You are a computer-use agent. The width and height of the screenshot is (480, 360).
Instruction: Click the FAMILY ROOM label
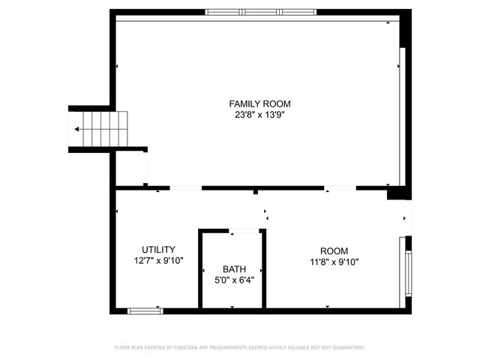(x=259, y=104)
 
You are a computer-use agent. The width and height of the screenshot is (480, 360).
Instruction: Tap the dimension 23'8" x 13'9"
(x=259, y=115)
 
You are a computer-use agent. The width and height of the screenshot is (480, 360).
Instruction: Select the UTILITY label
(x=158, y=250)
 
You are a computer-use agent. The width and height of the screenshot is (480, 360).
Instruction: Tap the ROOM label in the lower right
(x=334, y=250)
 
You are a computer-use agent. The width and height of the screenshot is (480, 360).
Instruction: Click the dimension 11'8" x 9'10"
(x=334, y=262)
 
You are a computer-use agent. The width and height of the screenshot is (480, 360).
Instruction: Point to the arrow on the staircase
(x=78, y=129)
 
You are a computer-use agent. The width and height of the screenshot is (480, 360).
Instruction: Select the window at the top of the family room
(x=261, y=12)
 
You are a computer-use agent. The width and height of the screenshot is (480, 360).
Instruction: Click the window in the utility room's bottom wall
(x=145, y=310)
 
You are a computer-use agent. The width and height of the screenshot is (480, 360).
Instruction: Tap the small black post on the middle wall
(x=256, y=192)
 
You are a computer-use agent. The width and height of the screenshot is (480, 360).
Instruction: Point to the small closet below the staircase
(x=129, y=168)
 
